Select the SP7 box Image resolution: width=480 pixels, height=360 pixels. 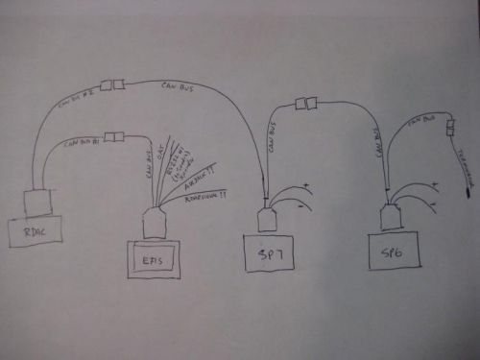pyautogui.click(x=268, y=253)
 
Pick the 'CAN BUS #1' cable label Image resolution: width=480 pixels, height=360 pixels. pyautogui.click(x=80, y=144)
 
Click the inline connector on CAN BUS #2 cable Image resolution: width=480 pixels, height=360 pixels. pyautogui.click(x=113, y=84)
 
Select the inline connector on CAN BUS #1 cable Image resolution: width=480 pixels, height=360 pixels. pyautogui.click(x=113, y=137)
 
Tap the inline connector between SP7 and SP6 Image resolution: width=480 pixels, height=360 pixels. pyautogui.click(x=306, y=104)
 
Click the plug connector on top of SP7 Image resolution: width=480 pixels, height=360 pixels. pyautogui.click(x=269, y=218)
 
